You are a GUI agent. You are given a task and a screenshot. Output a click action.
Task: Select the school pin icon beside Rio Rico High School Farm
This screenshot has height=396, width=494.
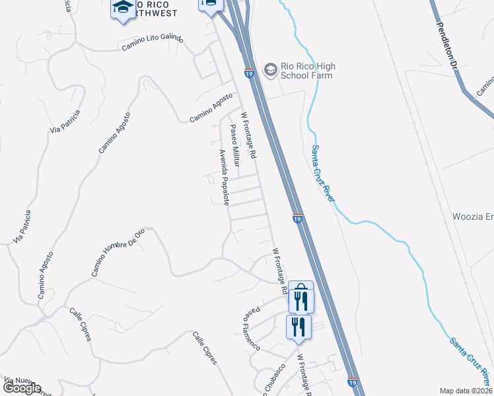click(270, 69)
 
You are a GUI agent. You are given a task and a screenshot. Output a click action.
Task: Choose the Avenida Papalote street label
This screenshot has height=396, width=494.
click(224, 176)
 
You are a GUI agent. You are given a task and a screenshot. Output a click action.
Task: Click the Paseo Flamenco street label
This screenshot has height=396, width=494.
click(251, 328)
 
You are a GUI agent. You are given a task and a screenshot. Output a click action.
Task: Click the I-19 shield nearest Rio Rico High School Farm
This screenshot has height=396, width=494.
click(250, 73)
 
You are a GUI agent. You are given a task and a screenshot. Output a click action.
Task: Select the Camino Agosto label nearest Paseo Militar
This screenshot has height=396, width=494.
click(211, 107)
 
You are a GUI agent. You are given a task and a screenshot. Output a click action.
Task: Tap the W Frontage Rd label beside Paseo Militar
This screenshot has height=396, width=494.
click(248, 135)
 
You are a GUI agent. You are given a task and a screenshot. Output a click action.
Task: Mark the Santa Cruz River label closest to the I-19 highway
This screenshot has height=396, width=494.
click(324, 174)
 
